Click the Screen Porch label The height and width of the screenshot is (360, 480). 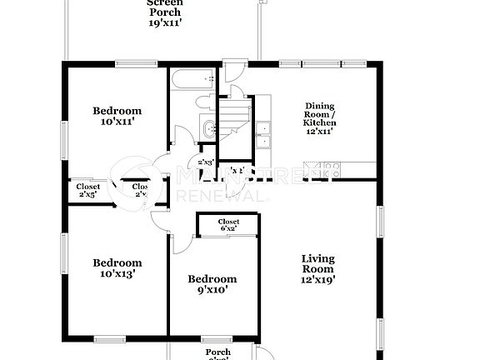165,14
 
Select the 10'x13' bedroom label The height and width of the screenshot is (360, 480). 117,266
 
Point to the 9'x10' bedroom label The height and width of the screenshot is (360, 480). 212,285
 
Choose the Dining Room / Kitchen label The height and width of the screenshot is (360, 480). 319,118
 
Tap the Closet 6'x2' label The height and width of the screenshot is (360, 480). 228,225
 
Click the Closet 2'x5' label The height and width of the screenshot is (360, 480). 87,190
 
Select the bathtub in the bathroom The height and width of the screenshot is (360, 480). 192,80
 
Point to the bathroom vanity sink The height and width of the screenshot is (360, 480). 209,128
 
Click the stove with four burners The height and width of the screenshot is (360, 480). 265,104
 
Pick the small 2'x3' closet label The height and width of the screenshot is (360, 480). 206,162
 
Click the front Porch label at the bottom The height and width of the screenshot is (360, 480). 218,353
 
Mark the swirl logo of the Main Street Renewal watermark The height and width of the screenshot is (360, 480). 133,178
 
